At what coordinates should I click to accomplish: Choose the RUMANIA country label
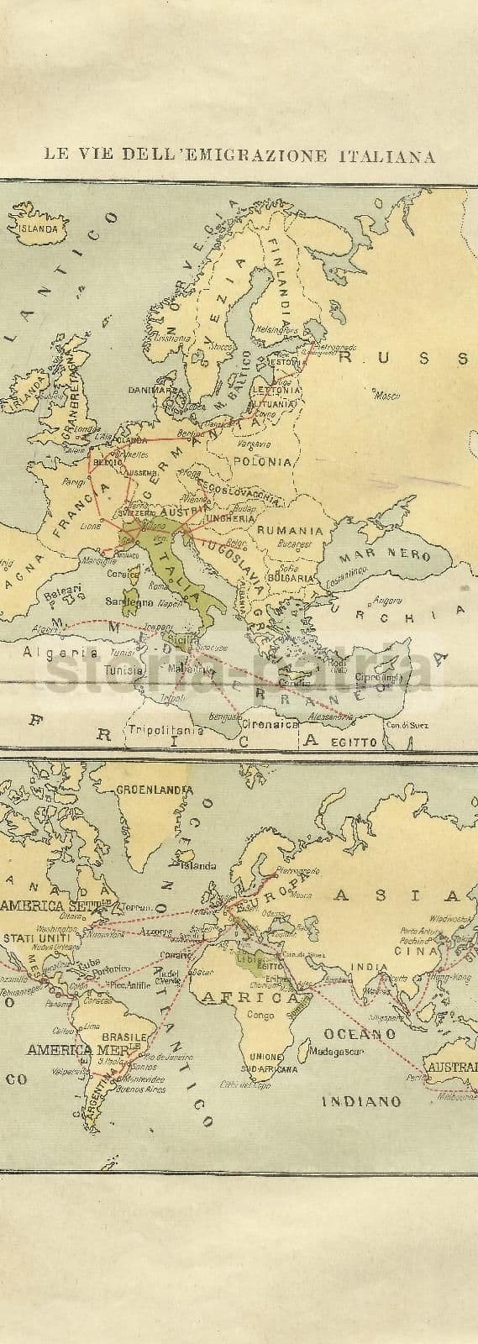point(290,530)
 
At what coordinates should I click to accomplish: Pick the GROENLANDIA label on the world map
point(155,790)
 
